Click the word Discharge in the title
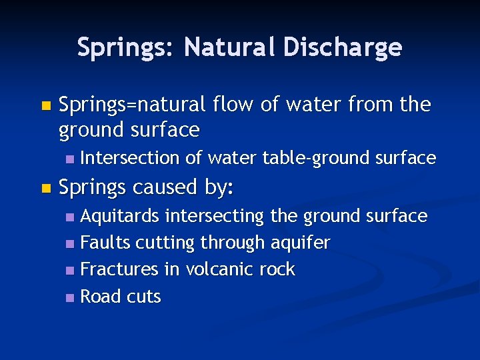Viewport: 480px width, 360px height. click(343, 47)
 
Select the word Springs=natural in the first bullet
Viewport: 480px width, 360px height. click(133, 105)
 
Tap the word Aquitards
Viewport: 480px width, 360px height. click(120, 216)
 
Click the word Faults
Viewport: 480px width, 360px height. click(105, 243)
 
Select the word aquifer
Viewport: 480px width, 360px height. click(300, 243)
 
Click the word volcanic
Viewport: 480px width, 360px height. click(216, 270)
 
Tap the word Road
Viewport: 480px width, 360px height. click(99, 297)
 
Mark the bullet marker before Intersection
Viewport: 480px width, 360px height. click(71, 159)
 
